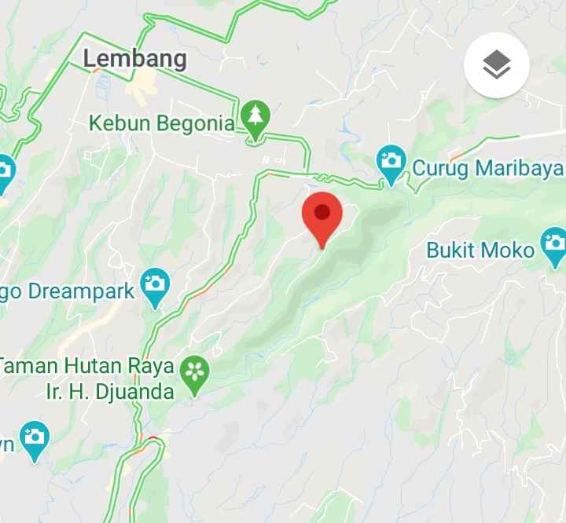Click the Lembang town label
[x=134, y=59]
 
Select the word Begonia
[x=194, y=124]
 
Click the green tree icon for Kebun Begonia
[x=254, y=118]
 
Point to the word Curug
[x=441, y=168]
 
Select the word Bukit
[x=453, y=251]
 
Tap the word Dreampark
[x=82, y=291]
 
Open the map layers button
[x=497, y=66]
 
